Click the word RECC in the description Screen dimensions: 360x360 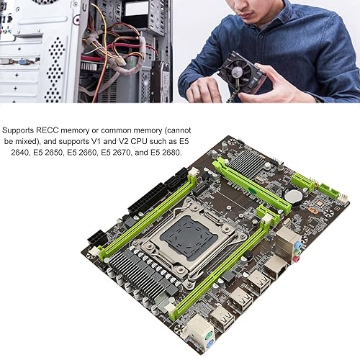[x=48, y=130]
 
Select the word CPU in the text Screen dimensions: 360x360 [x=140, y=141]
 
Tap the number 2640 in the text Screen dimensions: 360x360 [x=19, y=152]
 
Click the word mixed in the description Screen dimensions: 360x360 [x=27, y=141]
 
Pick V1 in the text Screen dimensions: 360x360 [x=96, y=141]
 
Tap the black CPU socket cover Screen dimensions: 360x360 [x=185, y=237]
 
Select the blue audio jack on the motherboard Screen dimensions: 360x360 [x=297, y=245]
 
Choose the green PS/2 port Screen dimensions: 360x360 [x=210, y=336]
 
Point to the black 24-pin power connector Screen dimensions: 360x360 [x=148, y=199]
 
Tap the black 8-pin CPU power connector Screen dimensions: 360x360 [x=98, y=237]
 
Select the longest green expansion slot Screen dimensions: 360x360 [x=251, y=186]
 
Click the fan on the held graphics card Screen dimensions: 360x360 [x=240, y=72]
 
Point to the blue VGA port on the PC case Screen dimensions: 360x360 [x=24, y=62]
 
